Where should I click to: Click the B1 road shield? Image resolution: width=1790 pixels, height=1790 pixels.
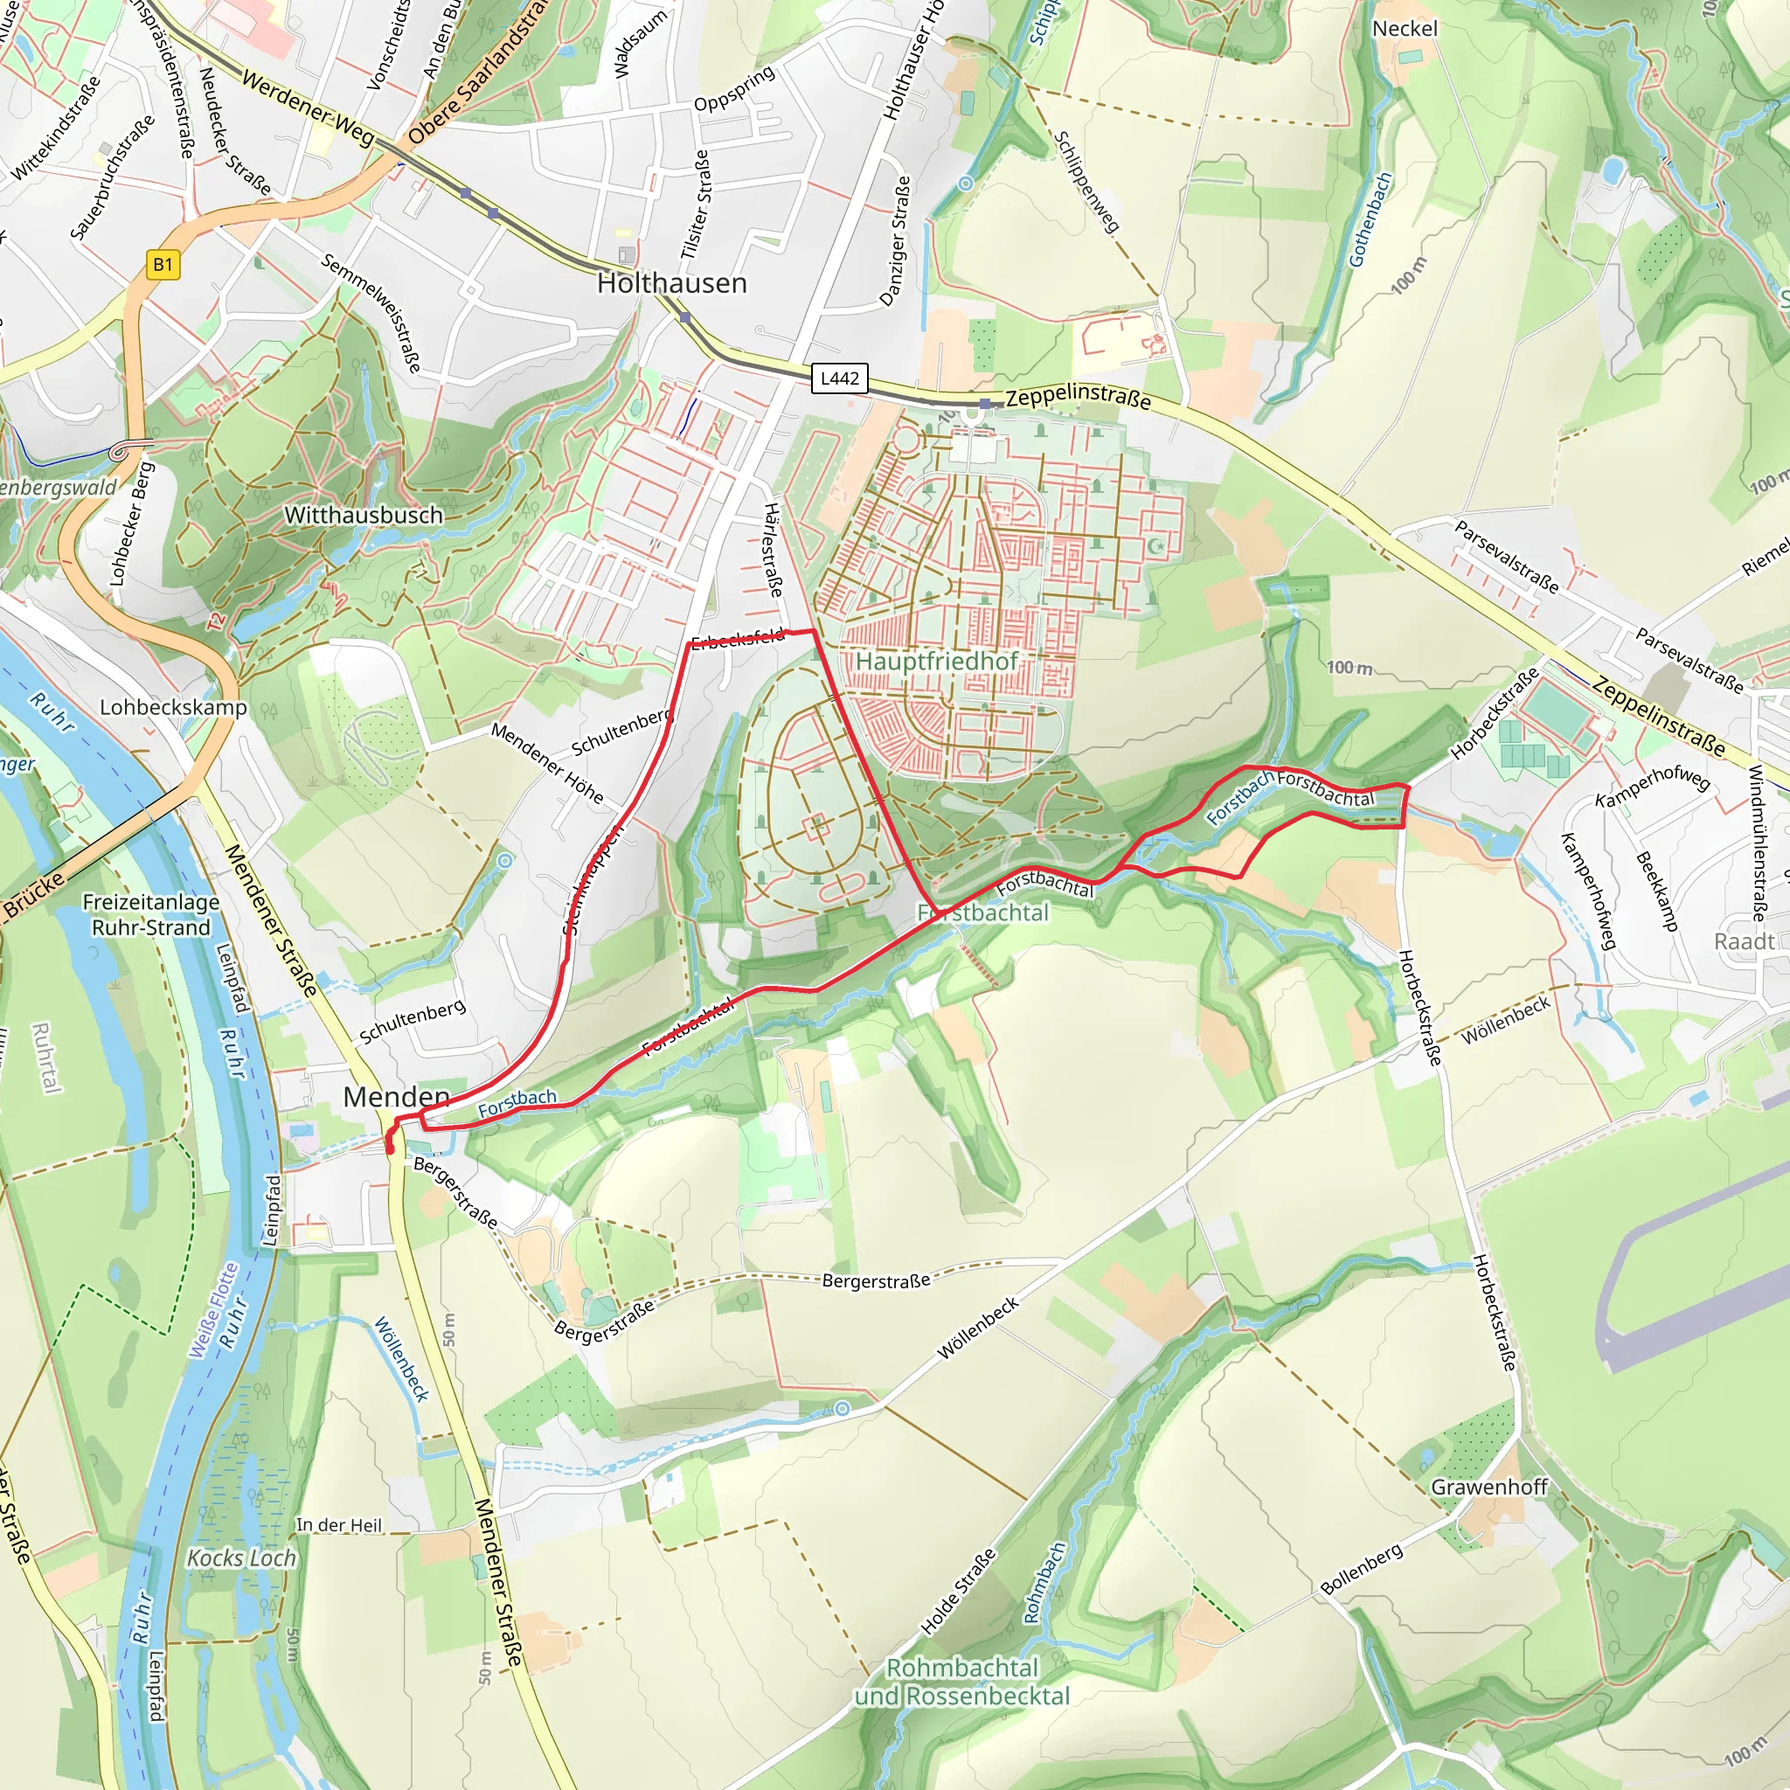163,265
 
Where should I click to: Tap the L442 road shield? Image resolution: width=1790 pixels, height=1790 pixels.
839,378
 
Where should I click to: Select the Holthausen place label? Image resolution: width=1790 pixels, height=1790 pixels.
672,283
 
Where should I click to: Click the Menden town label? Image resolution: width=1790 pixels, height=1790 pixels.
396,1097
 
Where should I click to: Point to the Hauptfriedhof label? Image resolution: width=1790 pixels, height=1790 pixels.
936,662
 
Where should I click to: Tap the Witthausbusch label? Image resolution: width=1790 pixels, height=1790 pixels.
364,515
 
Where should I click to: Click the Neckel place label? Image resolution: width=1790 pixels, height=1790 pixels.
1405,29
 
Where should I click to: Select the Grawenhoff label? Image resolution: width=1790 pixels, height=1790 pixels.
1488,1487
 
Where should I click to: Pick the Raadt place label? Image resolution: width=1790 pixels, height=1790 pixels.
1744,941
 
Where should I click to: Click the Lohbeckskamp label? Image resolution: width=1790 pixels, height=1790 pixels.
173,708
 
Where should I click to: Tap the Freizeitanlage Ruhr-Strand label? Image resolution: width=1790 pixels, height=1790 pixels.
151,915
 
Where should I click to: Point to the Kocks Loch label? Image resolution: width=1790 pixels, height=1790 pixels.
241,1558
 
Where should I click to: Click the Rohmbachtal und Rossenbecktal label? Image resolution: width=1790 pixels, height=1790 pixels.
961,1682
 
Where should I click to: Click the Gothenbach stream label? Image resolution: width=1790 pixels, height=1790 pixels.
1370,219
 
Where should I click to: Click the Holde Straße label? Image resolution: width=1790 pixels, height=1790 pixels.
958,1592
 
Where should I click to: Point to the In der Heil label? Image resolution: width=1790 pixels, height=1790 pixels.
338,1525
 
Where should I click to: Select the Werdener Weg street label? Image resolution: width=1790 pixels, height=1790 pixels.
308,109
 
